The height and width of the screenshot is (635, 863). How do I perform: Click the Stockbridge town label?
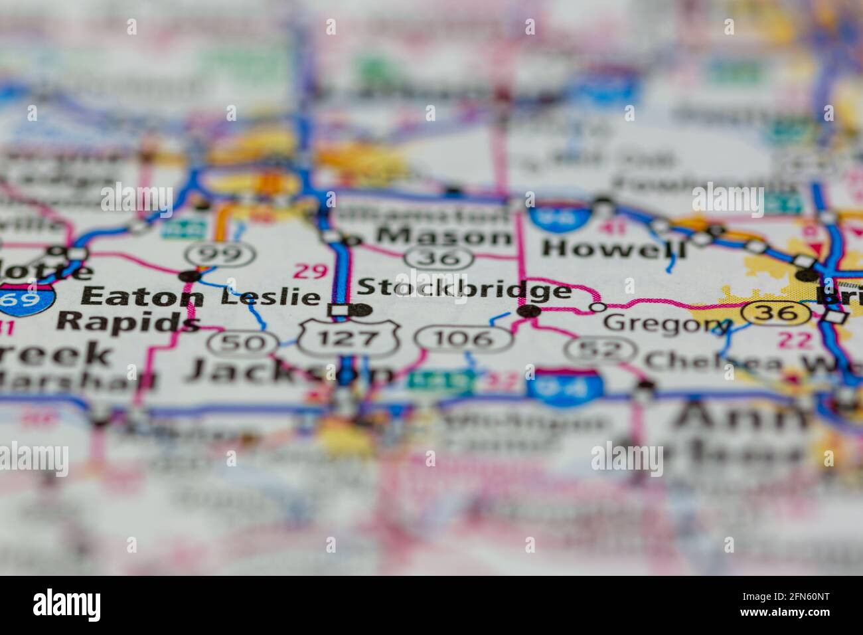pos(464,290)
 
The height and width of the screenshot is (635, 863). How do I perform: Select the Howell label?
pos(613,248)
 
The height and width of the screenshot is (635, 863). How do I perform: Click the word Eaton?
pos(141,296)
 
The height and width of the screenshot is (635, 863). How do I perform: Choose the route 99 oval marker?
pos(220,252)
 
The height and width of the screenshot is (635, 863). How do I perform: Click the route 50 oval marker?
pos(242,343)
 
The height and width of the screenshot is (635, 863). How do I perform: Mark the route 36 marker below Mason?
pos(443,257)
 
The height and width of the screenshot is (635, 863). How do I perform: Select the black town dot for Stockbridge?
pos(528,310)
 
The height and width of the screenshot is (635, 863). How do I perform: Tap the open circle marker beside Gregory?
pos(597,307)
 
